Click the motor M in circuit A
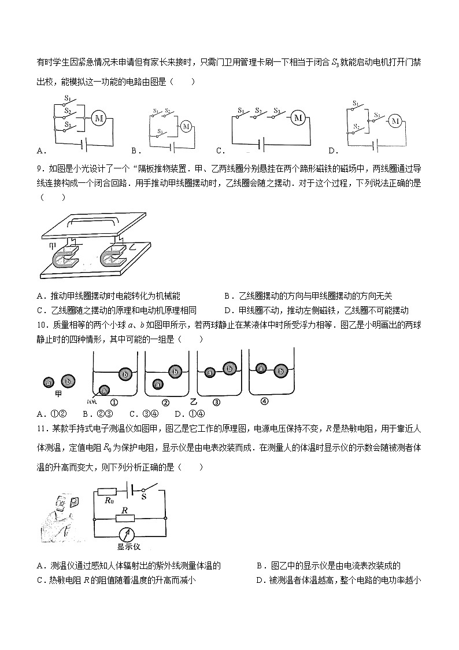[x=99, y=118]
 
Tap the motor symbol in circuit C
[x=298, y=118]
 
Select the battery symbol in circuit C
[x=262, y=142]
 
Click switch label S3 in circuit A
[x=68, y=124]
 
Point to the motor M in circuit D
[x=395, y=120]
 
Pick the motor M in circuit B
[x=186, y=126]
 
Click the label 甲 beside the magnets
[x=51, y=245]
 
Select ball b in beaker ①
[x=124, y=374]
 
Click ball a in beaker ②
[x=158, y=383]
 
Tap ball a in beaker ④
[x=262, y=368]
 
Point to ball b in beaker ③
[x=229, y=368]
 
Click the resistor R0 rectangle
[x=109, y=493]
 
